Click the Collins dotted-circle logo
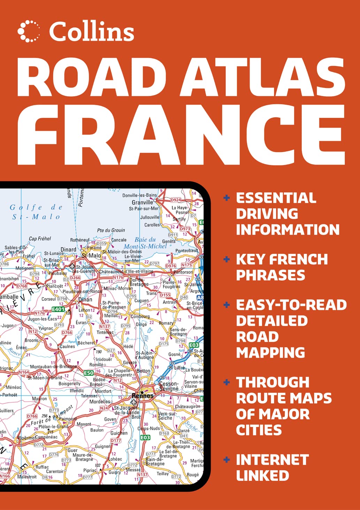(29, 31)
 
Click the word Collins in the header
(92, 32)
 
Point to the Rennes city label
(143, 396)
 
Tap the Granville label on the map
(142, 202)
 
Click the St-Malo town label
(91, 256)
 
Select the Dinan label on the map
(85, 299)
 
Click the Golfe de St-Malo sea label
(36, 212)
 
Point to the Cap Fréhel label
(40, 239)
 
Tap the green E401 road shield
(58, 309)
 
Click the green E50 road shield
(89, 373)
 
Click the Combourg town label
(140, 316)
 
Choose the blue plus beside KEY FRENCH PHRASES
(227, 259)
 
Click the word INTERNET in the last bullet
(272, 460)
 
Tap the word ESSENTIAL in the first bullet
(276, 198)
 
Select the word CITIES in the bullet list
(259, 430)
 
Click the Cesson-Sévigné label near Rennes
(169, 386)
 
